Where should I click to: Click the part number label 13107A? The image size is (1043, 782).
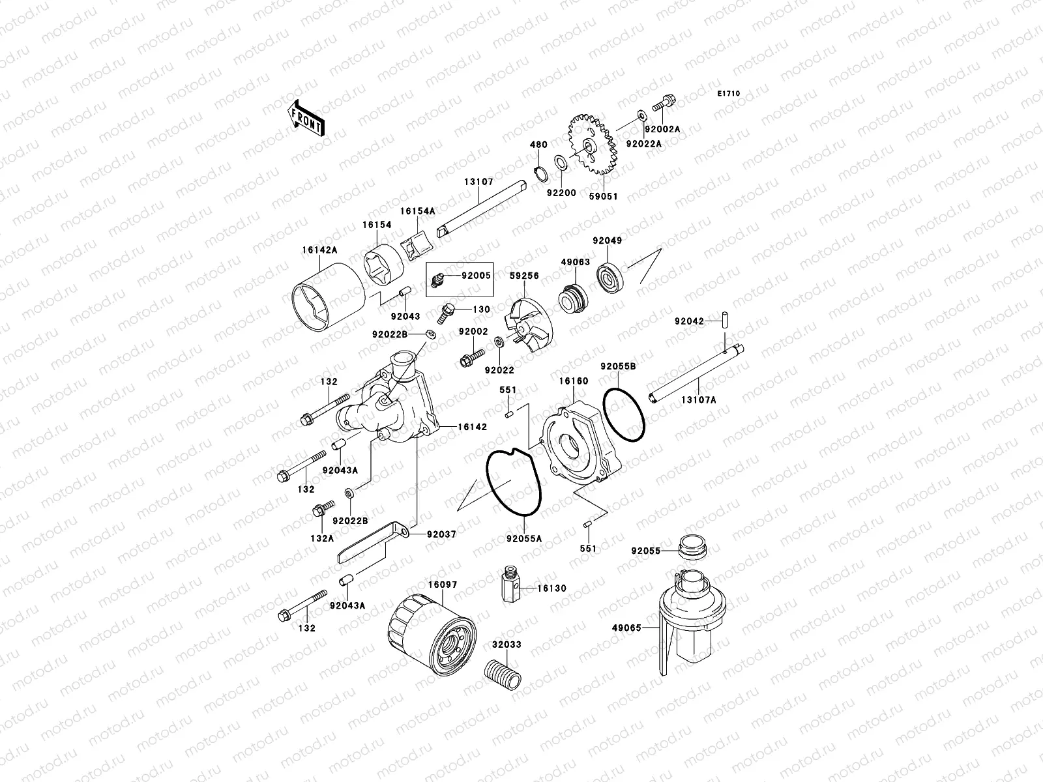(x=699, y=399)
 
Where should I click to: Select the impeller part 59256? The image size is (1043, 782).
(x=529, y=325)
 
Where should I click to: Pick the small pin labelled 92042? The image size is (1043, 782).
(x=724, y=320)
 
